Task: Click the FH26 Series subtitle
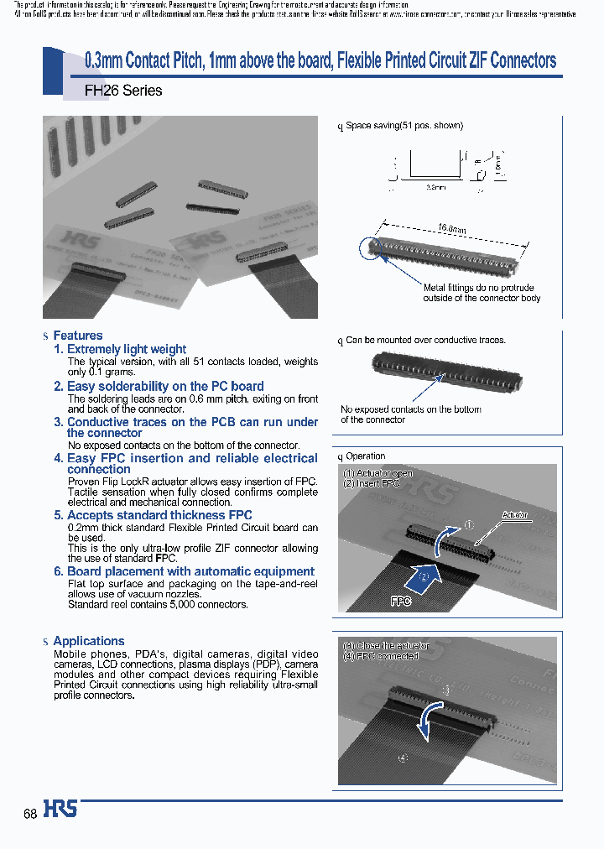(x=123, y=90)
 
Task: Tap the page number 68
(x=30, y=814)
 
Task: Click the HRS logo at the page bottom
(x=60, y=809)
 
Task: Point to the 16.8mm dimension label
(x=451, y=227)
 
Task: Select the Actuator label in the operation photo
(x=514, y=514)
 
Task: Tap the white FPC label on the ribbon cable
(x=401, y=602)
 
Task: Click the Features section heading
(x=77, y=336)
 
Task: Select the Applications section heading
(x=88, y=641)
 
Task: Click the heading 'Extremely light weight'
(x=126, y=349)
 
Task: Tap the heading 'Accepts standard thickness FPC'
(x=159, y=515)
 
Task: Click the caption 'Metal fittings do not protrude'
(x=478, y=288)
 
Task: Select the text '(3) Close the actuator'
(x=386, y=645)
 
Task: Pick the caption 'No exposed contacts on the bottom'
(x=410, y=409)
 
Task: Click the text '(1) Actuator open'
(x=377, y=473)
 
